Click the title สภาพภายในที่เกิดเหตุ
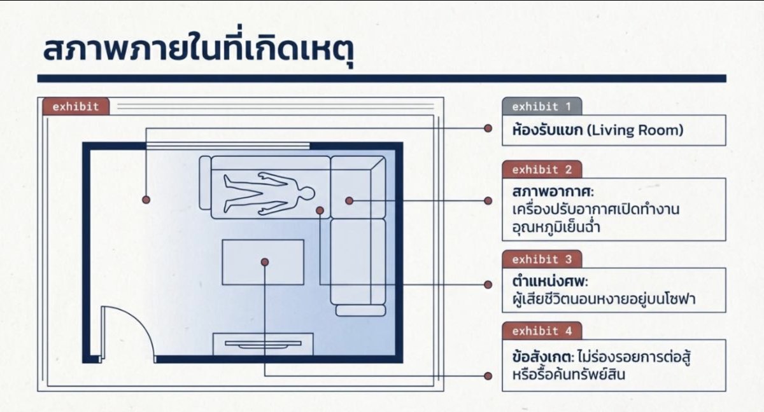[198, 51]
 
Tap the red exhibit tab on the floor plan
[76, 106]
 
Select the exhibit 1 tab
[541, 106]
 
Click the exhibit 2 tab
[541, 169]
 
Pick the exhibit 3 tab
[541, 259]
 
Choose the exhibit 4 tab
[541, 331]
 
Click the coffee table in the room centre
[262, 262]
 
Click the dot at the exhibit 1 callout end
[488, 128]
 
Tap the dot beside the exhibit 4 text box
[488, 376]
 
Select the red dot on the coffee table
[264, 262]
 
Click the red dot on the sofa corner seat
[349, 200]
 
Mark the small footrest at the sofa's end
[360, 311]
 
